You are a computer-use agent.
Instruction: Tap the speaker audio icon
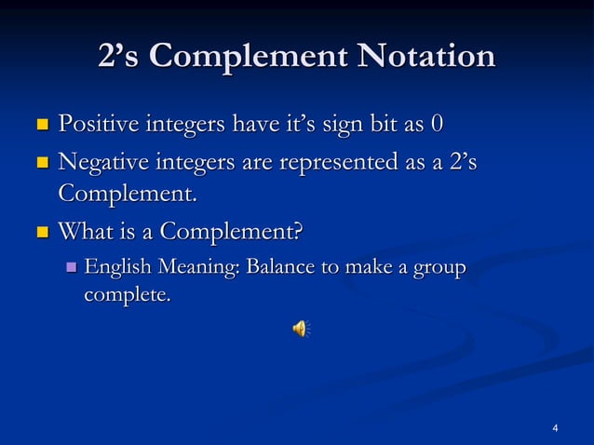tap(301, 327)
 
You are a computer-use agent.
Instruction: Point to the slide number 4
tap(555, 428)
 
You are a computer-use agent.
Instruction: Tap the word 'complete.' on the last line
tap(128, 298)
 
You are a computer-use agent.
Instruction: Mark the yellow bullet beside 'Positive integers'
tap(41, 124)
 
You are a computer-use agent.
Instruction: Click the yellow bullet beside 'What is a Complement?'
tap(41, 229)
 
